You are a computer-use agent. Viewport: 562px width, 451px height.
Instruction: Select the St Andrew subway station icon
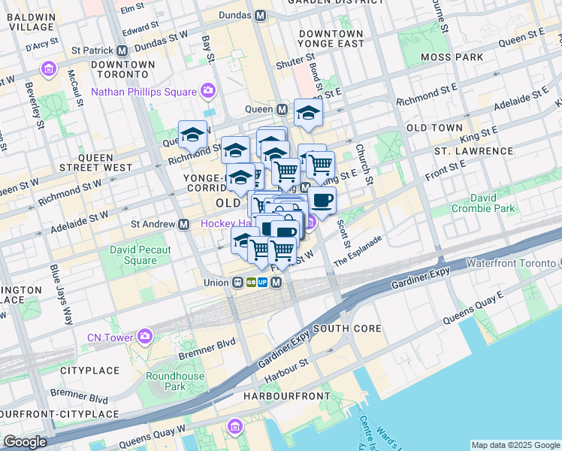pyautogui.click(x=183, y=224)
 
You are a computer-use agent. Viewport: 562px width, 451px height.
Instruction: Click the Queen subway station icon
pyautogui.click(x=282, y=110)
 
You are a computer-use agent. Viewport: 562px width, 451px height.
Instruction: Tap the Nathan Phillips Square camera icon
pyautogui.click(x=208, y=92)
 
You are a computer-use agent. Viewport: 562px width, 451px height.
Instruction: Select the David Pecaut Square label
pyautogui.click(x=140, y=255)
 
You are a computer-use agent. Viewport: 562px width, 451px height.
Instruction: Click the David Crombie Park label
pyautogui.click(x=493, y=203)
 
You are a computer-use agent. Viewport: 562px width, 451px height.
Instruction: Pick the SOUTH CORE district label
pyautogui.click(x=347, y=329)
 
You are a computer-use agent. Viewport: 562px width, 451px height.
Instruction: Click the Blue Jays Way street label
pyautogui.click(x=59, y=283)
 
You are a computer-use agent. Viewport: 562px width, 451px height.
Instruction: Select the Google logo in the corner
pyautogui.click(x=25, y=442)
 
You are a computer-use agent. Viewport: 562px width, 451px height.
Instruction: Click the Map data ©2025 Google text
pyautogui.click(x=515, y=445)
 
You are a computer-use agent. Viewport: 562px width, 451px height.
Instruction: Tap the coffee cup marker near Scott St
pyautogui.click(x=322, y=201)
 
